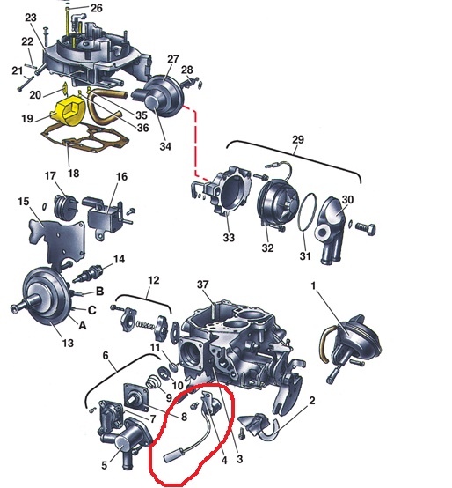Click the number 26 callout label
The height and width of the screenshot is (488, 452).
click(97, 8)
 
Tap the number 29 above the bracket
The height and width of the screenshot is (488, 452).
click(297, 140)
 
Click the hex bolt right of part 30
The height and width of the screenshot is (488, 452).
click(365, 229)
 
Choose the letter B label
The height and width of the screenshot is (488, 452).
click(99, 292)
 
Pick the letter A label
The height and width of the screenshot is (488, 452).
click(82, 326)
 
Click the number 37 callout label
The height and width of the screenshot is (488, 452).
click(203, 285)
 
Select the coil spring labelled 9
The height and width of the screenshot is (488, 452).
click(152, 381)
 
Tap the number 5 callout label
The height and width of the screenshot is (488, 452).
click(104, 465)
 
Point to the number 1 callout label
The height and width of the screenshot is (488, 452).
click(314, 285)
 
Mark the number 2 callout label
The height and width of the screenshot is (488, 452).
click(311, 400)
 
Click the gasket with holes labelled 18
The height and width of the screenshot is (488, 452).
click(85, 138)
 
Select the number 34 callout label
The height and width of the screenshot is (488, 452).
click(165, 146)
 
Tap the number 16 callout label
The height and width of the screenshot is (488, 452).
click(121, 177)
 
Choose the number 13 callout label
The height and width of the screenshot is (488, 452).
click(68, 343)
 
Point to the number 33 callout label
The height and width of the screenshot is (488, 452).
click(229, 238)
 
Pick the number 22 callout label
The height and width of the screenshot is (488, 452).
click(27, 41)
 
